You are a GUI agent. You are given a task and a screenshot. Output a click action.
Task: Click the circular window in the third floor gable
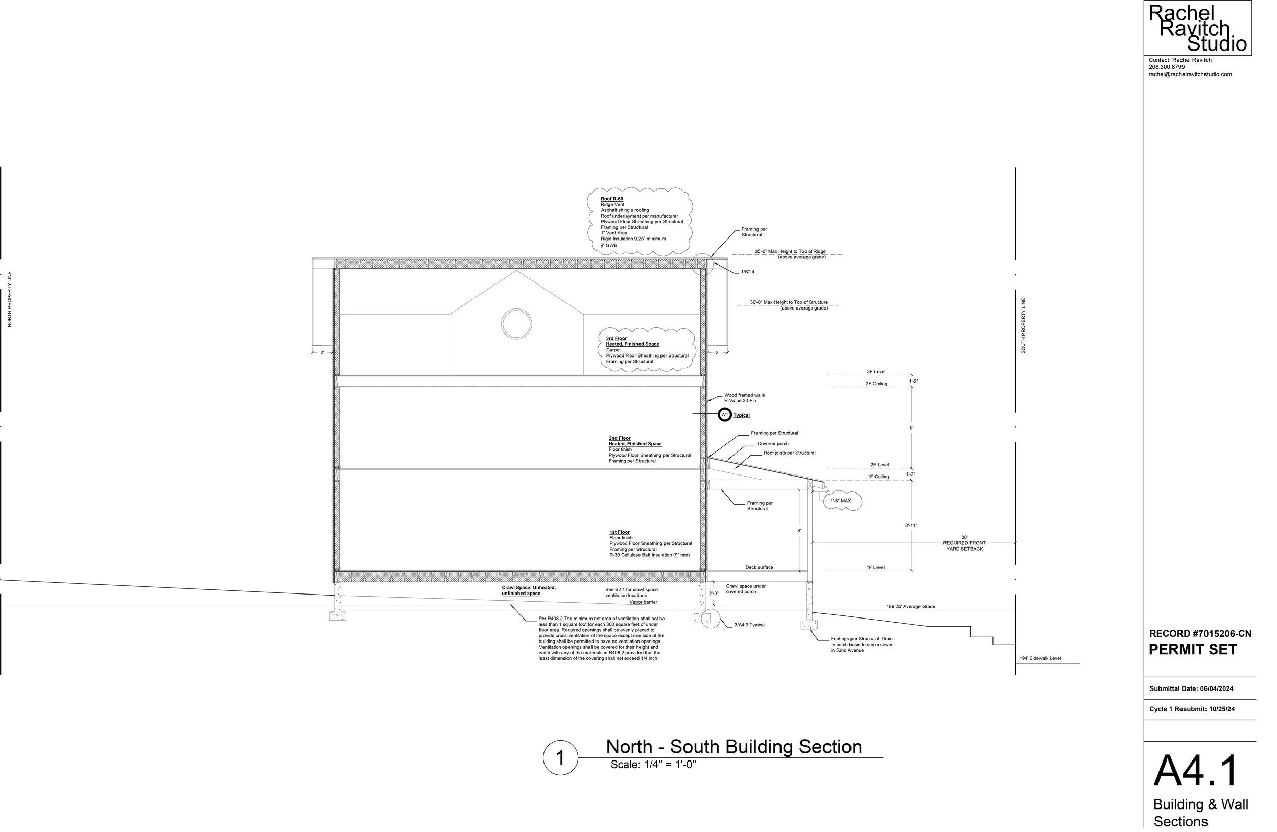[516, 323]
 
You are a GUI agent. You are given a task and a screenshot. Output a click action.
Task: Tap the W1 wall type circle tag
[724, 415]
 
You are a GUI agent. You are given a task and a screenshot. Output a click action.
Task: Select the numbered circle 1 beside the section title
[560, 757]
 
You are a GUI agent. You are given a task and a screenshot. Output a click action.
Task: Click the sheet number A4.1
[1196, 770]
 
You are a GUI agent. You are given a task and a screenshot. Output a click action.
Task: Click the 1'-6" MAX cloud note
[841, 501]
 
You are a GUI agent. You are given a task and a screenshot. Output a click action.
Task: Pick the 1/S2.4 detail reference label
[747, 272]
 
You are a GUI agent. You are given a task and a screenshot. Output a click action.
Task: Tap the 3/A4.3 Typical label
[749, 625]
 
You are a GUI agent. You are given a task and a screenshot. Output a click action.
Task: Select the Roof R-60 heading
[611, 199]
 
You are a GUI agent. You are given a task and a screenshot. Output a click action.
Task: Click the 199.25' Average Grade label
[911, 607]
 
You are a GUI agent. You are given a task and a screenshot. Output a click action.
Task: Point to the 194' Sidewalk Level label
[1040, 659]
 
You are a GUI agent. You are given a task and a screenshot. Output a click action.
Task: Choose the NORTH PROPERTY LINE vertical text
[9, 299]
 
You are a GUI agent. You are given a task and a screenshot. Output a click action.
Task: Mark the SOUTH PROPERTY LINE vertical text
[1023, 326]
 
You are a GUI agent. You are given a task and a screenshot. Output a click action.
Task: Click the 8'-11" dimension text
[911, 525]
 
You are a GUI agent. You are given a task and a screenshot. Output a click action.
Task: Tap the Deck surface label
[759, 567]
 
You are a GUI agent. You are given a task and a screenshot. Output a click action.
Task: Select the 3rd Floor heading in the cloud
[616, 339]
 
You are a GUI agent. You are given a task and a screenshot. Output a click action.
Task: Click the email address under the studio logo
[1190, 74]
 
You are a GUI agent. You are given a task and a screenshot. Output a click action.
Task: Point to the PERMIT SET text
[1192, 650]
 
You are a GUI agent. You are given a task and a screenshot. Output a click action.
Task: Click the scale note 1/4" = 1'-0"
[653, 765]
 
